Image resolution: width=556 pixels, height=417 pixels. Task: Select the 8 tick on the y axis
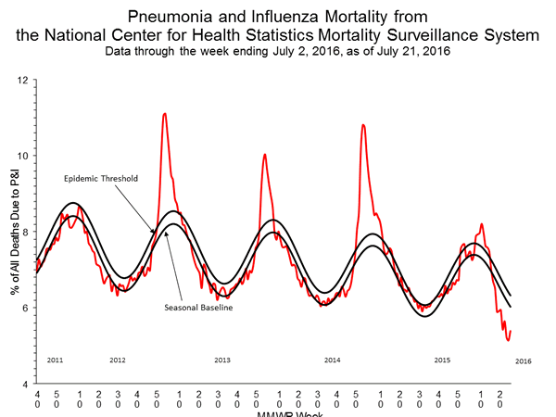coord(27,232)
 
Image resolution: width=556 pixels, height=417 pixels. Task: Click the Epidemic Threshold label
coord(99,178)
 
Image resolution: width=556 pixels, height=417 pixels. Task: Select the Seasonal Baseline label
coord(197,307)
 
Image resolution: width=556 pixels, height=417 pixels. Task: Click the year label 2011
coord(54,359)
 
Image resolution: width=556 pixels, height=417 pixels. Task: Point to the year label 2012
coord(118,359)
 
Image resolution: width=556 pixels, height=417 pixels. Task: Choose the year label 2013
coord(222,359)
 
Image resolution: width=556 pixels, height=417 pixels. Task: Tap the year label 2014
coord(332,359)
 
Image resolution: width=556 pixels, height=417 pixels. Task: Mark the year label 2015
coord(443,359)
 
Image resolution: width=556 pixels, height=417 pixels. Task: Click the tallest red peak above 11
coord(164,114)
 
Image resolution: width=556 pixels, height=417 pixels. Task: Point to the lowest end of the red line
coord(508,340)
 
